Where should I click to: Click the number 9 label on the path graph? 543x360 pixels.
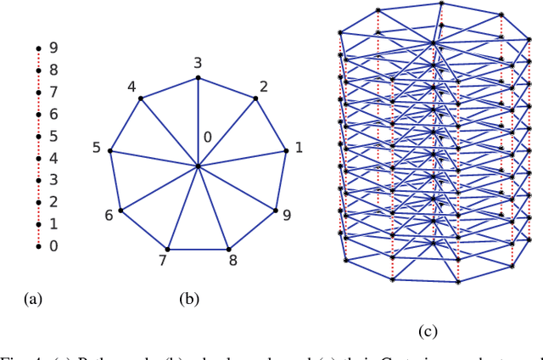point(53,48)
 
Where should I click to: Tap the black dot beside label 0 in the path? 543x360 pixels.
point(38,246)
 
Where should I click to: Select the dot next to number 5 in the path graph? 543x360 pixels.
point(38,136)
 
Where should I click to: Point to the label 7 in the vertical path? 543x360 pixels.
point(53,92)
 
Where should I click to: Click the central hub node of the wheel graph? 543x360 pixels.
point(198,166)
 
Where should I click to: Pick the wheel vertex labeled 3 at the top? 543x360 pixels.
point(198,78)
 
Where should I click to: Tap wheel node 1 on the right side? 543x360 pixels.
point(287,151)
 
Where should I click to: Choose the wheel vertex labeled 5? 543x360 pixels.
point(110,151)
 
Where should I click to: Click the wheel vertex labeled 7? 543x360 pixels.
point(167,249)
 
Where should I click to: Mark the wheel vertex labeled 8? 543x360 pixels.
point(229,249)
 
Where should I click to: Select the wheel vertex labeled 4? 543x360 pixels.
point(141,98)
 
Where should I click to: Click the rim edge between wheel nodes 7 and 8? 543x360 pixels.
point(198,249)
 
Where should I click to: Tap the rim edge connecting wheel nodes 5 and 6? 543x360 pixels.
point(115,181)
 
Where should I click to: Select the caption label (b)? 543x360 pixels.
point(188,299)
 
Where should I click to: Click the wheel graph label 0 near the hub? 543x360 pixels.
point(206,138)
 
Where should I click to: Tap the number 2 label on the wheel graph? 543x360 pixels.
point(264,87)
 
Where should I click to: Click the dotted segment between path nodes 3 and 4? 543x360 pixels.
point(38,169)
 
